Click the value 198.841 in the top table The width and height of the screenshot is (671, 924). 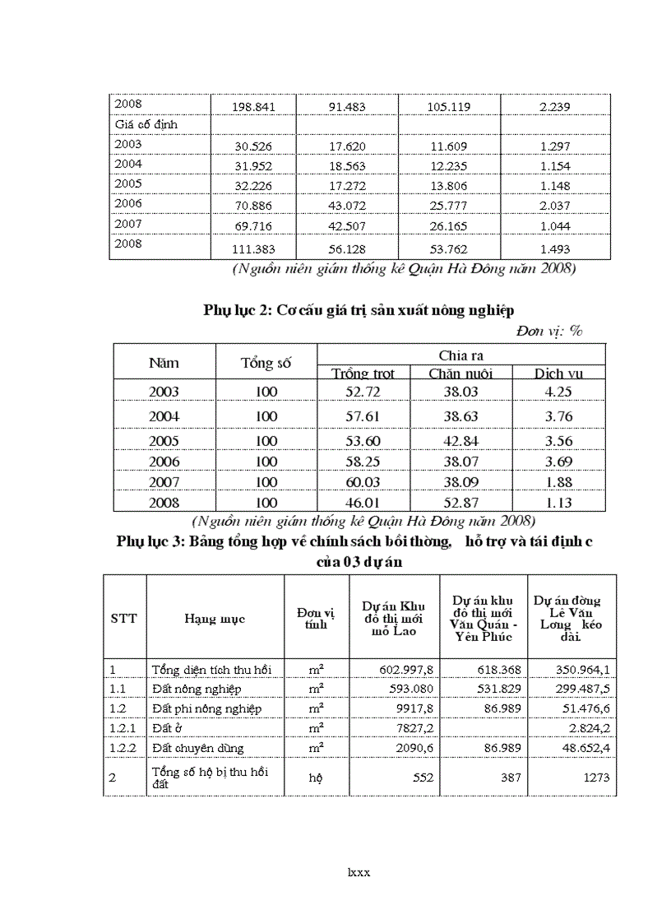(x=253, y=107)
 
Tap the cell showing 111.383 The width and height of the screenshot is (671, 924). (x=253, y=249)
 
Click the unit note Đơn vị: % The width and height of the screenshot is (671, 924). (x=549, y=331)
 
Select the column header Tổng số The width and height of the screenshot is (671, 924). (x=266, y=363)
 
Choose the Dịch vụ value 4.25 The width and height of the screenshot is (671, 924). (x=558, y=392)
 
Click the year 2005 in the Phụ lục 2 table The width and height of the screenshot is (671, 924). (x=164, y=440)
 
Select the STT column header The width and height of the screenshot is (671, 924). (x=123, y=618)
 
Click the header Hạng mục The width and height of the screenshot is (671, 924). (x=215, y=619)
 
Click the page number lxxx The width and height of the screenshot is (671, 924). (x=359, y=872)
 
